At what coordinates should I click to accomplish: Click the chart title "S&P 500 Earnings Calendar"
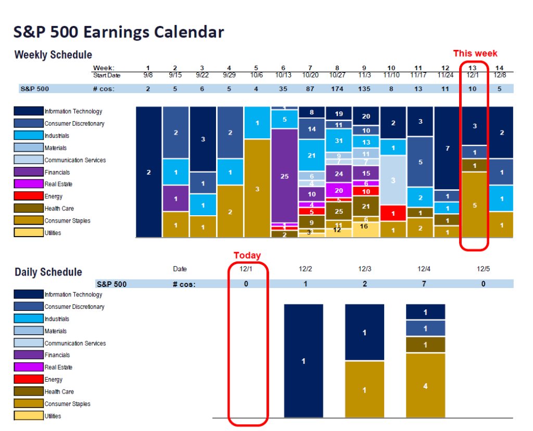(119, 32)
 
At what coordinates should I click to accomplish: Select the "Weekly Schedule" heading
(53, 55)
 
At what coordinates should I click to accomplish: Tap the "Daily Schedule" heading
(48, 272)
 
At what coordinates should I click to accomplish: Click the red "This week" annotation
(475, 53)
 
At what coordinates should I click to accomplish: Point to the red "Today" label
(247, 255)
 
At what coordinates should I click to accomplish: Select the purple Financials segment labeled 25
(284, 176)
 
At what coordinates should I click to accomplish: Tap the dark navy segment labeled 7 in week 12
(447, 148)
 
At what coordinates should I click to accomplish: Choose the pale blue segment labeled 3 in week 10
(393, 180)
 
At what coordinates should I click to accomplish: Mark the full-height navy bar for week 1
(149, 172)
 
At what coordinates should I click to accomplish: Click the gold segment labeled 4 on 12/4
(425, 385)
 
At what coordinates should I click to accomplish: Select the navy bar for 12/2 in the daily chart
(304, 361)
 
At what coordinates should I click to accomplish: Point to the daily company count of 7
(425, 284)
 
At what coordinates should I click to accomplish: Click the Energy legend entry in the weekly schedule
(53, 197)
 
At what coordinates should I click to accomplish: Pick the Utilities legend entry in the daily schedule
(52, 416)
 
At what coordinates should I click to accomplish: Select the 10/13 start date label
(284, 75)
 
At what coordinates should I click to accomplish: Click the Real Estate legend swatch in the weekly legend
(29, 184)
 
